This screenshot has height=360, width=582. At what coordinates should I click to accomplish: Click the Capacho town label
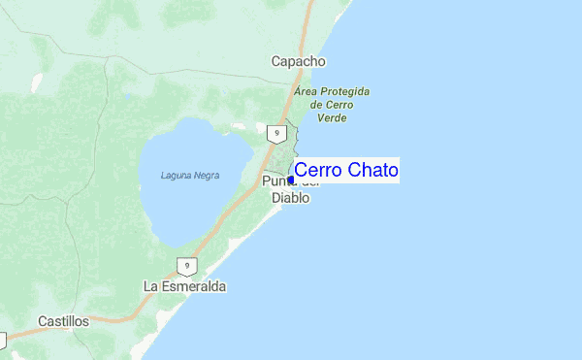pyautogui.click(x=298, y=61)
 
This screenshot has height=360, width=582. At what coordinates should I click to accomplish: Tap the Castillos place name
pyautogui.click(x=63, y=320)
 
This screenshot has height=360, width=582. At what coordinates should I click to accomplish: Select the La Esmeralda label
pyautogui.click(x=184, y=287)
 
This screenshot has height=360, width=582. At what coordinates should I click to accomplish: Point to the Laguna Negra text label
pyautogui.click(x=190, y=176)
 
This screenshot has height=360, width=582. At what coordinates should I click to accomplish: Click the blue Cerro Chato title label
pyautogui.click(x=345, y=171)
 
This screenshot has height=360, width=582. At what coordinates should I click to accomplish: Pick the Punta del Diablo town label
pyautogui.click(x=287, y=189)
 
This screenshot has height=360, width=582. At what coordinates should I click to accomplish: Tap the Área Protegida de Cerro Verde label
pyautogui.click(x=332, y=105)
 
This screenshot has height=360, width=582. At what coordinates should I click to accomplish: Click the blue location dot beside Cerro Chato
pyautogui.click(x=291, y=180)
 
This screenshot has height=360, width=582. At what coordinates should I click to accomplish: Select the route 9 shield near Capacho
pyautogui.click(x=277, y=133)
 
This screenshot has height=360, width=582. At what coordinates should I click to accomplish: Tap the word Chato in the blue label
pyautogui.click(x=372, y=171)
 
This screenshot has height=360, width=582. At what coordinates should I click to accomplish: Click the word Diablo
pyautogui.click(x=288, y=198)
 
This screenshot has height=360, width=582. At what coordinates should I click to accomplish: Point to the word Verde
pyautogui.click(x=332, y=118)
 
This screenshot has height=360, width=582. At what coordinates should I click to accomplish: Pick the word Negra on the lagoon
pyautogui.click(x=206, y=176)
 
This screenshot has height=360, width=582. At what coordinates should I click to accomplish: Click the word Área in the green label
pyautogui.click(x=307, y=92)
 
